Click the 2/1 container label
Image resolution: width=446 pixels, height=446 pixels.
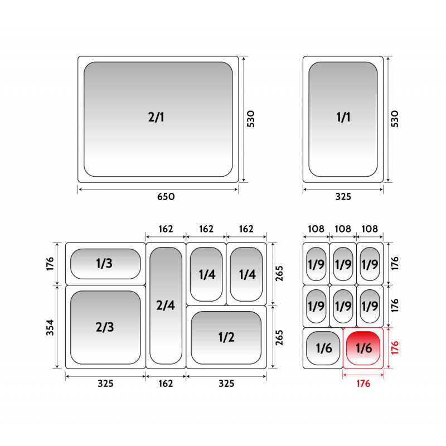[156, 117]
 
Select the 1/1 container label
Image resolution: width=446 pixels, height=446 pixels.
[343, 117]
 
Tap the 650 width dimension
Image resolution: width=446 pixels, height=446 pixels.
[166, 197]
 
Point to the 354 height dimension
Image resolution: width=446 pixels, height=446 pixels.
[50, 327]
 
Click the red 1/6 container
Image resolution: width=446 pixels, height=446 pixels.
[363, 348]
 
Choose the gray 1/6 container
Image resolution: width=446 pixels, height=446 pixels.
[323, 348]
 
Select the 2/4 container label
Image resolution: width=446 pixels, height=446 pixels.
[166, 305]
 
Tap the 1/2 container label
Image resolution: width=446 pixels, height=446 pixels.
[226, 337]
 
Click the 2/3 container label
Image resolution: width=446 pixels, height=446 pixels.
[105, 327]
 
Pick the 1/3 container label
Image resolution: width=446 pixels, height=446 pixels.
[104, 263]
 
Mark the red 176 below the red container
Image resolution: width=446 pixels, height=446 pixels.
[363, 384]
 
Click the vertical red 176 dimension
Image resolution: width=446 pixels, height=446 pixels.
[395, 348]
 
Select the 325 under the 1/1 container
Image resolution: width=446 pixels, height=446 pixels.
[343, 197]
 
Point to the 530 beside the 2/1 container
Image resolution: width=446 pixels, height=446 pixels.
[250, 119]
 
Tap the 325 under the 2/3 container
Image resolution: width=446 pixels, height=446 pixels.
[105, 384]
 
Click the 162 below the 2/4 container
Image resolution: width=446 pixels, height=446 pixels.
[166, 384]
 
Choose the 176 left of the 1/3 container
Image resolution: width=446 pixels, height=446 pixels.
[50, 264]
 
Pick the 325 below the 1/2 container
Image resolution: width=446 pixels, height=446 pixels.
[226, 384]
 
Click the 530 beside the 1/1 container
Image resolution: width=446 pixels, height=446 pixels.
[395, 119]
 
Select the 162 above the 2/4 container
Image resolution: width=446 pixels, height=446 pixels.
[166, 229]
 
